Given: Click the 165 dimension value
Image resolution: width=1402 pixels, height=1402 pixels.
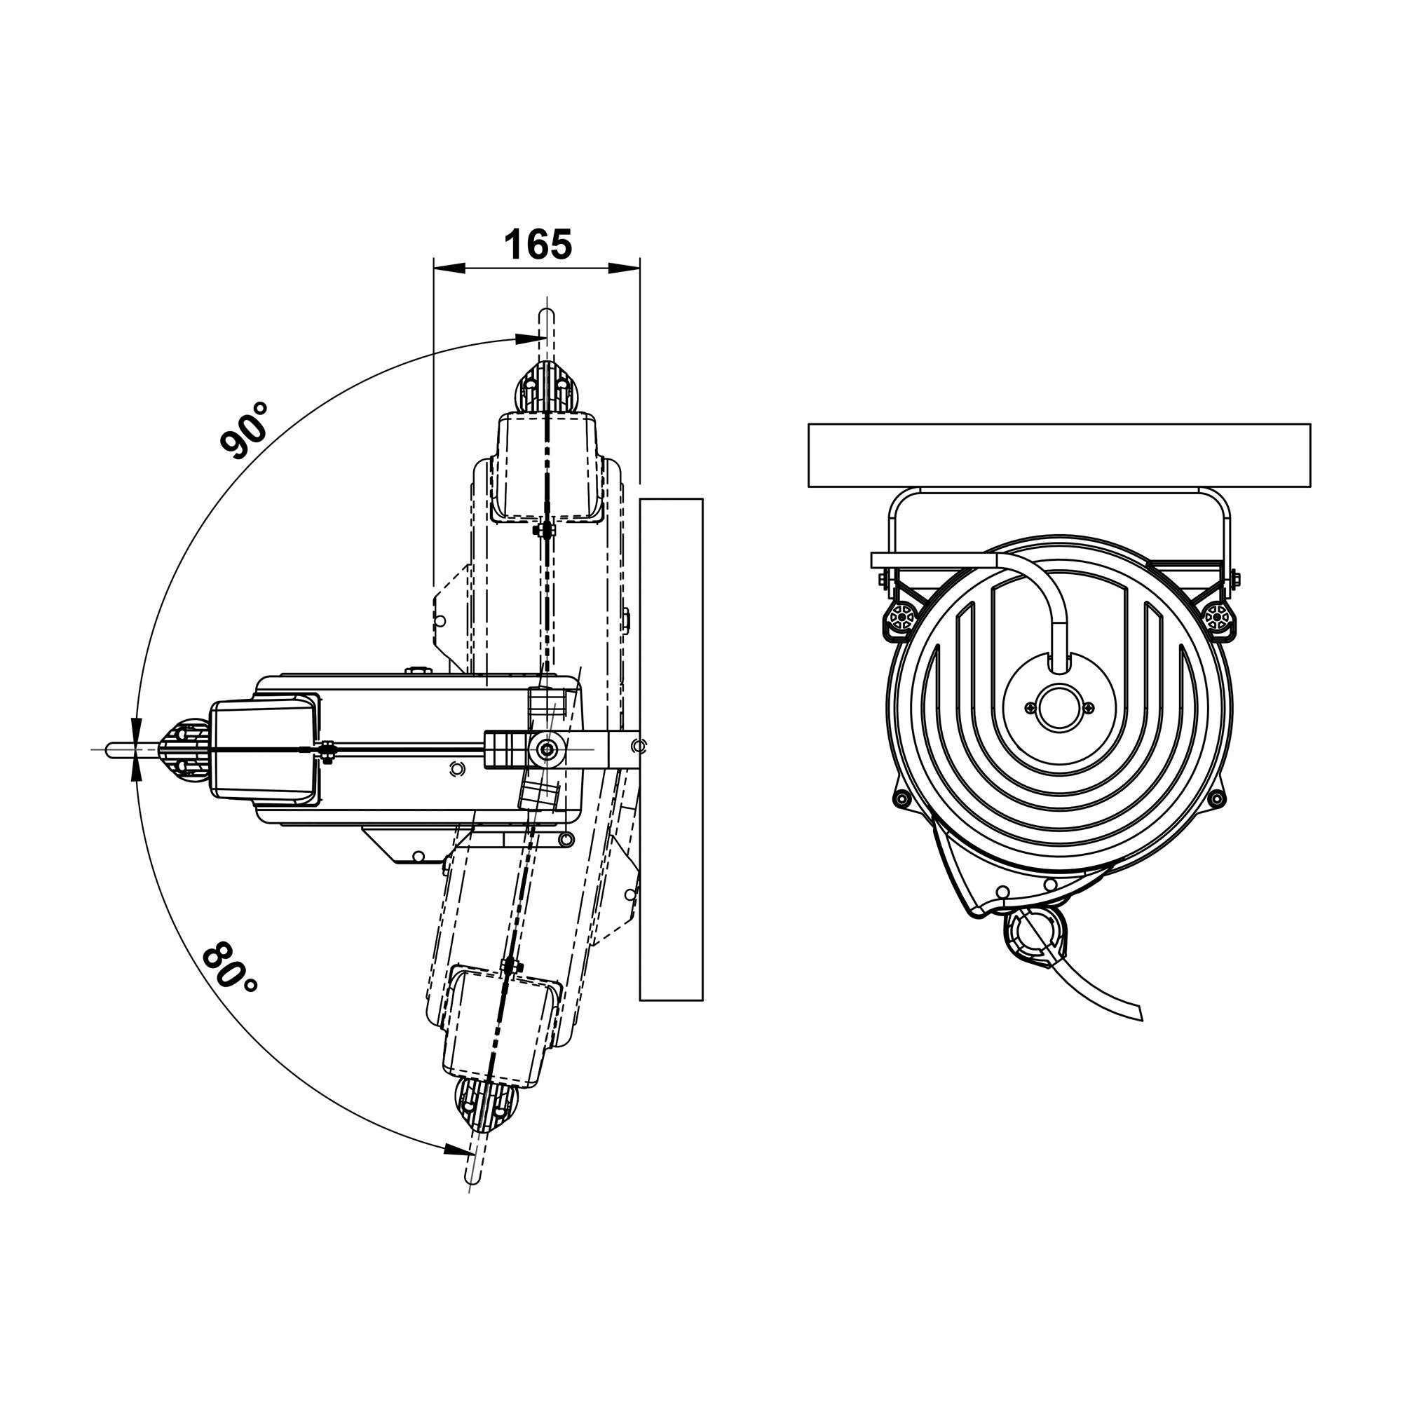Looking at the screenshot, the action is [x=538, y=244].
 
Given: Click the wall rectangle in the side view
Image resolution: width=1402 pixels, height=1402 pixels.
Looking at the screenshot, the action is [x=672, y=749].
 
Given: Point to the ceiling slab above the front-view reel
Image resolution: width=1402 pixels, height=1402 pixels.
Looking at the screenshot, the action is [x=1059, y=455].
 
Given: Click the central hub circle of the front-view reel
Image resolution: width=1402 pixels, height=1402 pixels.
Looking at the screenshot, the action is [x=1059, y=707].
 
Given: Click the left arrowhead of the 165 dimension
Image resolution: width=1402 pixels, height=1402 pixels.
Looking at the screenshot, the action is [x=449, y=268].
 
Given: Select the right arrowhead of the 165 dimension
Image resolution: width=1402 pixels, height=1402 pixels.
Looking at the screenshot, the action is [x=624, y=268].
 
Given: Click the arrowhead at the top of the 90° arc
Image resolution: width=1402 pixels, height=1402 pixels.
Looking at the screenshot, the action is [x=530, y=338].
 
